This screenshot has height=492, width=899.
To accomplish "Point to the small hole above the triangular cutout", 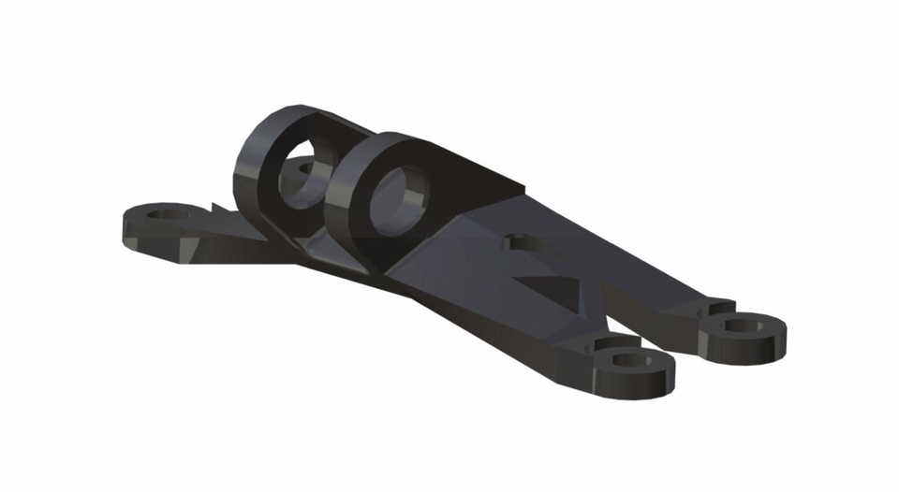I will point(509,241).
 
